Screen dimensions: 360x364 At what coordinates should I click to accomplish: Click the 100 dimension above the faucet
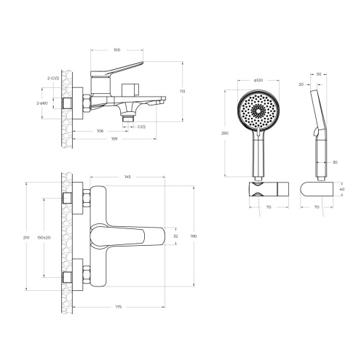[x=116, y=50]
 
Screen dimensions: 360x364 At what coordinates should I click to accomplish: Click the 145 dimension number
[x=128, y=177]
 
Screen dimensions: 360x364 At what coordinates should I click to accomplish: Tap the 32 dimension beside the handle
[x=175, y=236]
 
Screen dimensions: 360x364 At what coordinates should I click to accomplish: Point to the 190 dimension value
[x=193, y=236]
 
